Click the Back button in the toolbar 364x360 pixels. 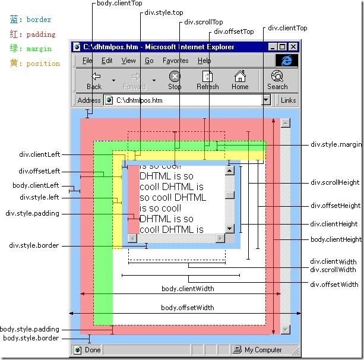(x=94, y=80)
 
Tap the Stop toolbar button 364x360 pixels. (x=175, y=80)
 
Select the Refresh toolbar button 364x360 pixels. (x=207, y=80)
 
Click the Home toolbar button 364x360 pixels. (x=240, y=80)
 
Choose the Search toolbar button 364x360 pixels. (x=277, y=80)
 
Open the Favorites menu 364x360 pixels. (x=175, y=61)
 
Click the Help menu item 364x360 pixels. (x=204, y=61)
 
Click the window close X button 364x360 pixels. (x=293, y=46)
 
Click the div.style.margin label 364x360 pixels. (x=335, y=144)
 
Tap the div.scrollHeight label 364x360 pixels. (x=335, y=182)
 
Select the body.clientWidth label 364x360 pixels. (x=188, y=289)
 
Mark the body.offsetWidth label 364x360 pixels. (x=188, y=308)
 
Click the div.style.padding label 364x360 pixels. (x=33, y=213)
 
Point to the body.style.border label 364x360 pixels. (x=31, y=338)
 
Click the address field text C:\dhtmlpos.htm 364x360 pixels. (x=139, y=100)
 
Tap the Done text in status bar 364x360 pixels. (x=93, y=350)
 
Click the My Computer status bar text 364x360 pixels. (x=263, y=350)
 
